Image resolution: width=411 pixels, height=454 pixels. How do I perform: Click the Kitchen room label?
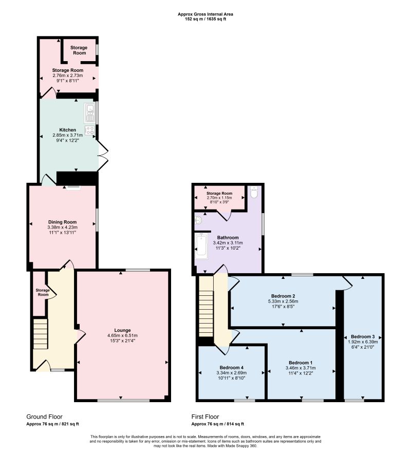(x=67, y=130)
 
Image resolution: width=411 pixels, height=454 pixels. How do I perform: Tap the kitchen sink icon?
(x=90, y=113)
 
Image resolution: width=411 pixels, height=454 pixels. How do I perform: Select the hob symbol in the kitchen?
(x=90, y=130)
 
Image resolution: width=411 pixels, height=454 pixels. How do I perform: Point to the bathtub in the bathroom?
(x=201, y=246)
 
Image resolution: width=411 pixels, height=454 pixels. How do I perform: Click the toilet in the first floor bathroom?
(x=254, y=192)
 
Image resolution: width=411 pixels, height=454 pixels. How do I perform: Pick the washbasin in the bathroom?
(x=199, y=221)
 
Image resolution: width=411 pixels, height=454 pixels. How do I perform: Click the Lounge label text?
(x=122, y=330)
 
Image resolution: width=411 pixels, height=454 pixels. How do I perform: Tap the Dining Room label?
(x=62, y=222)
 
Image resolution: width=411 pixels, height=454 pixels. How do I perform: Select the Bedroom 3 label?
(x=363, y=336)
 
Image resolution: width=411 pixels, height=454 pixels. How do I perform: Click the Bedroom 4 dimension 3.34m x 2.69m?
(x=231, y=373)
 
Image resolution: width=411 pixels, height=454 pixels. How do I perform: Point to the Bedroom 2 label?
(x=283, y=296)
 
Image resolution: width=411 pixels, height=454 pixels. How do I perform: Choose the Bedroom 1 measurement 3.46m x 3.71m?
(x=301, y=368)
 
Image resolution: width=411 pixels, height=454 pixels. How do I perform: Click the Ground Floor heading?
(x=44, y=417)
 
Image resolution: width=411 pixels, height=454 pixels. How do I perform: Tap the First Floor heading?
(x=205, y=417)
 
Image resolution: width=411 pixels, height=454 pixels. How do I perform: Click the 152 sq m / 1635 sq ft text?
(x=206, y=19)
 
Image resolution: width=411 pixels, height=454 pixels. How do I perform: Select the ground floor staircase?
(x=40, y=334)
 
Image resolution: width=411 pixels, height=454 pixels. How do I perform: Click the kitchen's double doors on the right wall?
(x=103, y=156)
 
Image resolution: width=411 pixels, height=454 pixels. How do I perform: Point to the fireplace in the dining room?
(x=73, y=187)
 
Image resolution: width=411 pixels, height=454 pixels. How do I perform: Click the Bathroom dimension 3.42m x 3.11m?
(x=228, y=243)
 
